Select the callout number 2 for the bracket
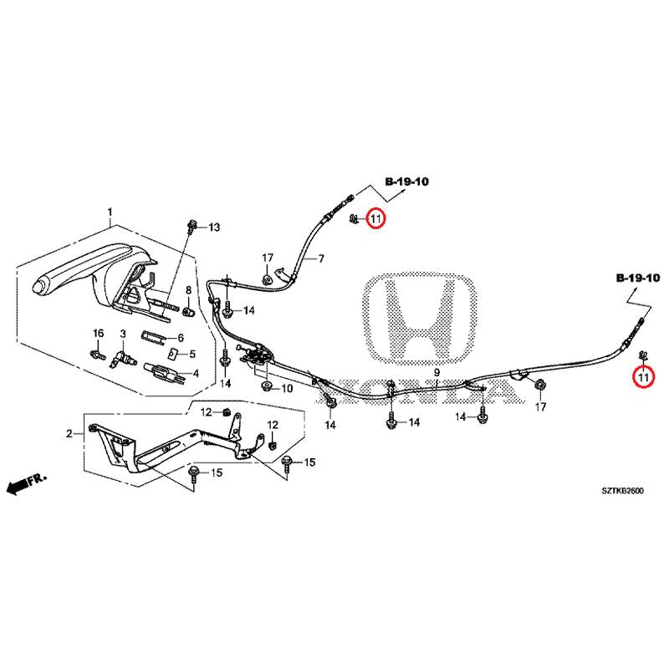pos(69,433)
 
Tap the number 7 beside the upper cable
pos(319,260)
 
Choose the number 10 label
pos(286,389)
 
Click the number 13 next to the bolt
pos(213,227)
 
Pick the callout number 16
pos(97,334)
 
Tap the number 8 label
pos(187,290)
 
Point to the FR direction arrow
pos(25,483)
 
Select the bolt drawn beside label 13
pos(193,226)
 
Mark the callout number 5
pos(192,354)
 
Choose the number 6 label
pos(178,338)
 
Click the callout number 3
pos(122,334)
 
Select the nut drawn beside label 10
pos(265,387)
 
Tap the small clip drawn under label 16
pos(97,355)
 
